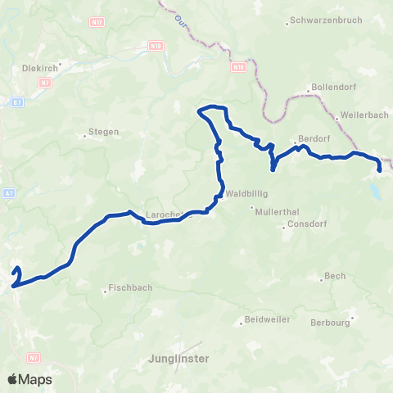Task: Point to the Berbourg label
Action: (331, 323)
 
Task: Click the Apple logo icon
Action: (12, 380)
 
